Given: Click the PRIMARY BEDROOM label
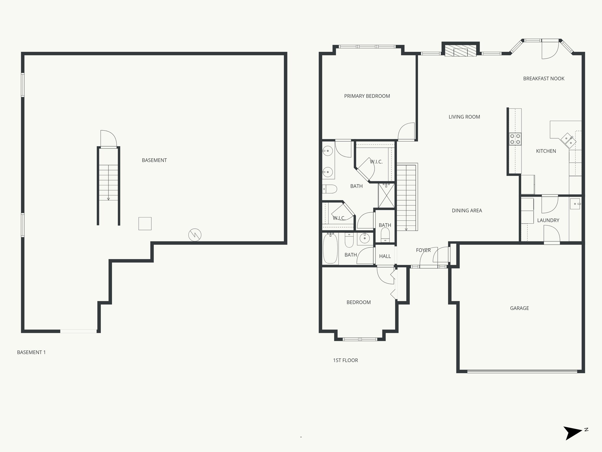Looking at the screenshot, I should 367,96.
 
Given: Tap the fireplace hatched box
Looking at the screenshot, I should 460,51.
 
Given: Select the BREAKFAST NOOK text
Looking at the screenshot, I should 544,79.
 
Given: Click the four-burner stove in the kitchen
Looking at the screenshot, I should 515,139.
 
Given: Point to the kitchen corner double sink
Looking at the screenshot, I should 568,140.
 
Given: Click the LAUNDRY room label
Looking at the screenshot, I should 548,220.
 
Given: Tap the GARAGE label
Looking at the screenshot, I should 519,308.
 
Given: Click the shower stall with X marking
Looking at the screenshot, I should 387,195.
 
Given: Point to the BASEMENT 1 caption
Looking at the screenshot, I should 31,352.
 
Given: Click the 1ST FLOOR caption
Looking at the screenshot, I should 345,360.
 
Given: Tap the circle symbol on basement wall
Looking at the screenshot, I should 195,235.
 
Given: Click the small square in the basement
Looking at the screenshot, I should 145,224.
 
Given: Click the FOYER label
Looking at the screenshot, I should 423,250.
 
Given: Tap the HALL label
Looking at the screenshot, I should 385,256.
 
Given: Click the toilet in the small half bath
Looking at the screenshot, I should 385,235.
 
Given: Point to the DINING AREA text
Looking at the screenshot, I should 467,210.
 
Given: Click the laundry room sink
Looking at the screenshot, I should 575,204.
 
